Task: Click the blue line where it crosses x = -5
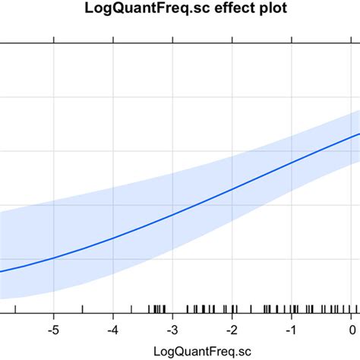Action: [x=54, y=258]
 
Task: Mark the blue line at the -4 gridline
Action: [x=113, y=238]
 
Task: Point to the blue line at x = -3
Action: [x=173, y=214]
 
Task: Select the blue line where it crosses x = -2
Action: [x=233, y=189]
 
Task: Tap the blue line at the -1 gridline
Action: [x=292, y=163]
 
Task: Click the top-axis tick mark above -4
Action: [x=113, y=39]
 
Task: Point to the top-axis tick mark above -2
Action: [x=233, y=39]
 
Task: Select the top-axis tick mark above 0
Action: [x=352, y=39]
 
